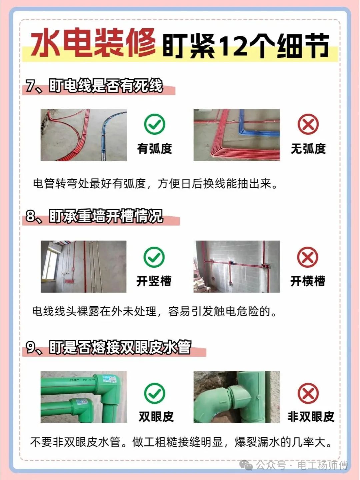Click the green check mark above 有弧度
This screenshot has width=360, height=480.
point(155,124)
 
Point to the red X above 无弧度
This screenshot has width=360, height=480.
point(308,124)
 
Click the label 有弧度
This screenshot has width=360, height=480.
point(154,149)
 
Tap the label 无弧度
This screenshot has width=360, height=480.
point(308,149)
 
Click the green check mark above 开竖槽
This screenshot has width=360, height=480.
point(154,257)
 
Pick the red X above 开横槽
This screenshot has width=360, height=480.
point(308,257)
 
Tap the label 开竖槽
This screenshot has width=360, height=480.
point(154,281)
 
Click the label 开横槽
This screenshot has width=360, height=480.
point(308,281)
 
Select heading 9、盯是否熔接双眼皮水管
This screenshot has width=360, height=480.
point(108,347)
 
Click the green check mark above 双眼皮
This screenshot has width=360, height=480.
point(155,393)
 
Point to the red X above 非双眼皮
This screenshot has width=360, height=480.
point(308,393)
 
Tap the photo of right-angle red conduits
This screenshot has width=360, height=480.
point(237,135)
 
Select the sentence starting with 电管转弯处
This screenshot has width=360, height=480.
point(155,184)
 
